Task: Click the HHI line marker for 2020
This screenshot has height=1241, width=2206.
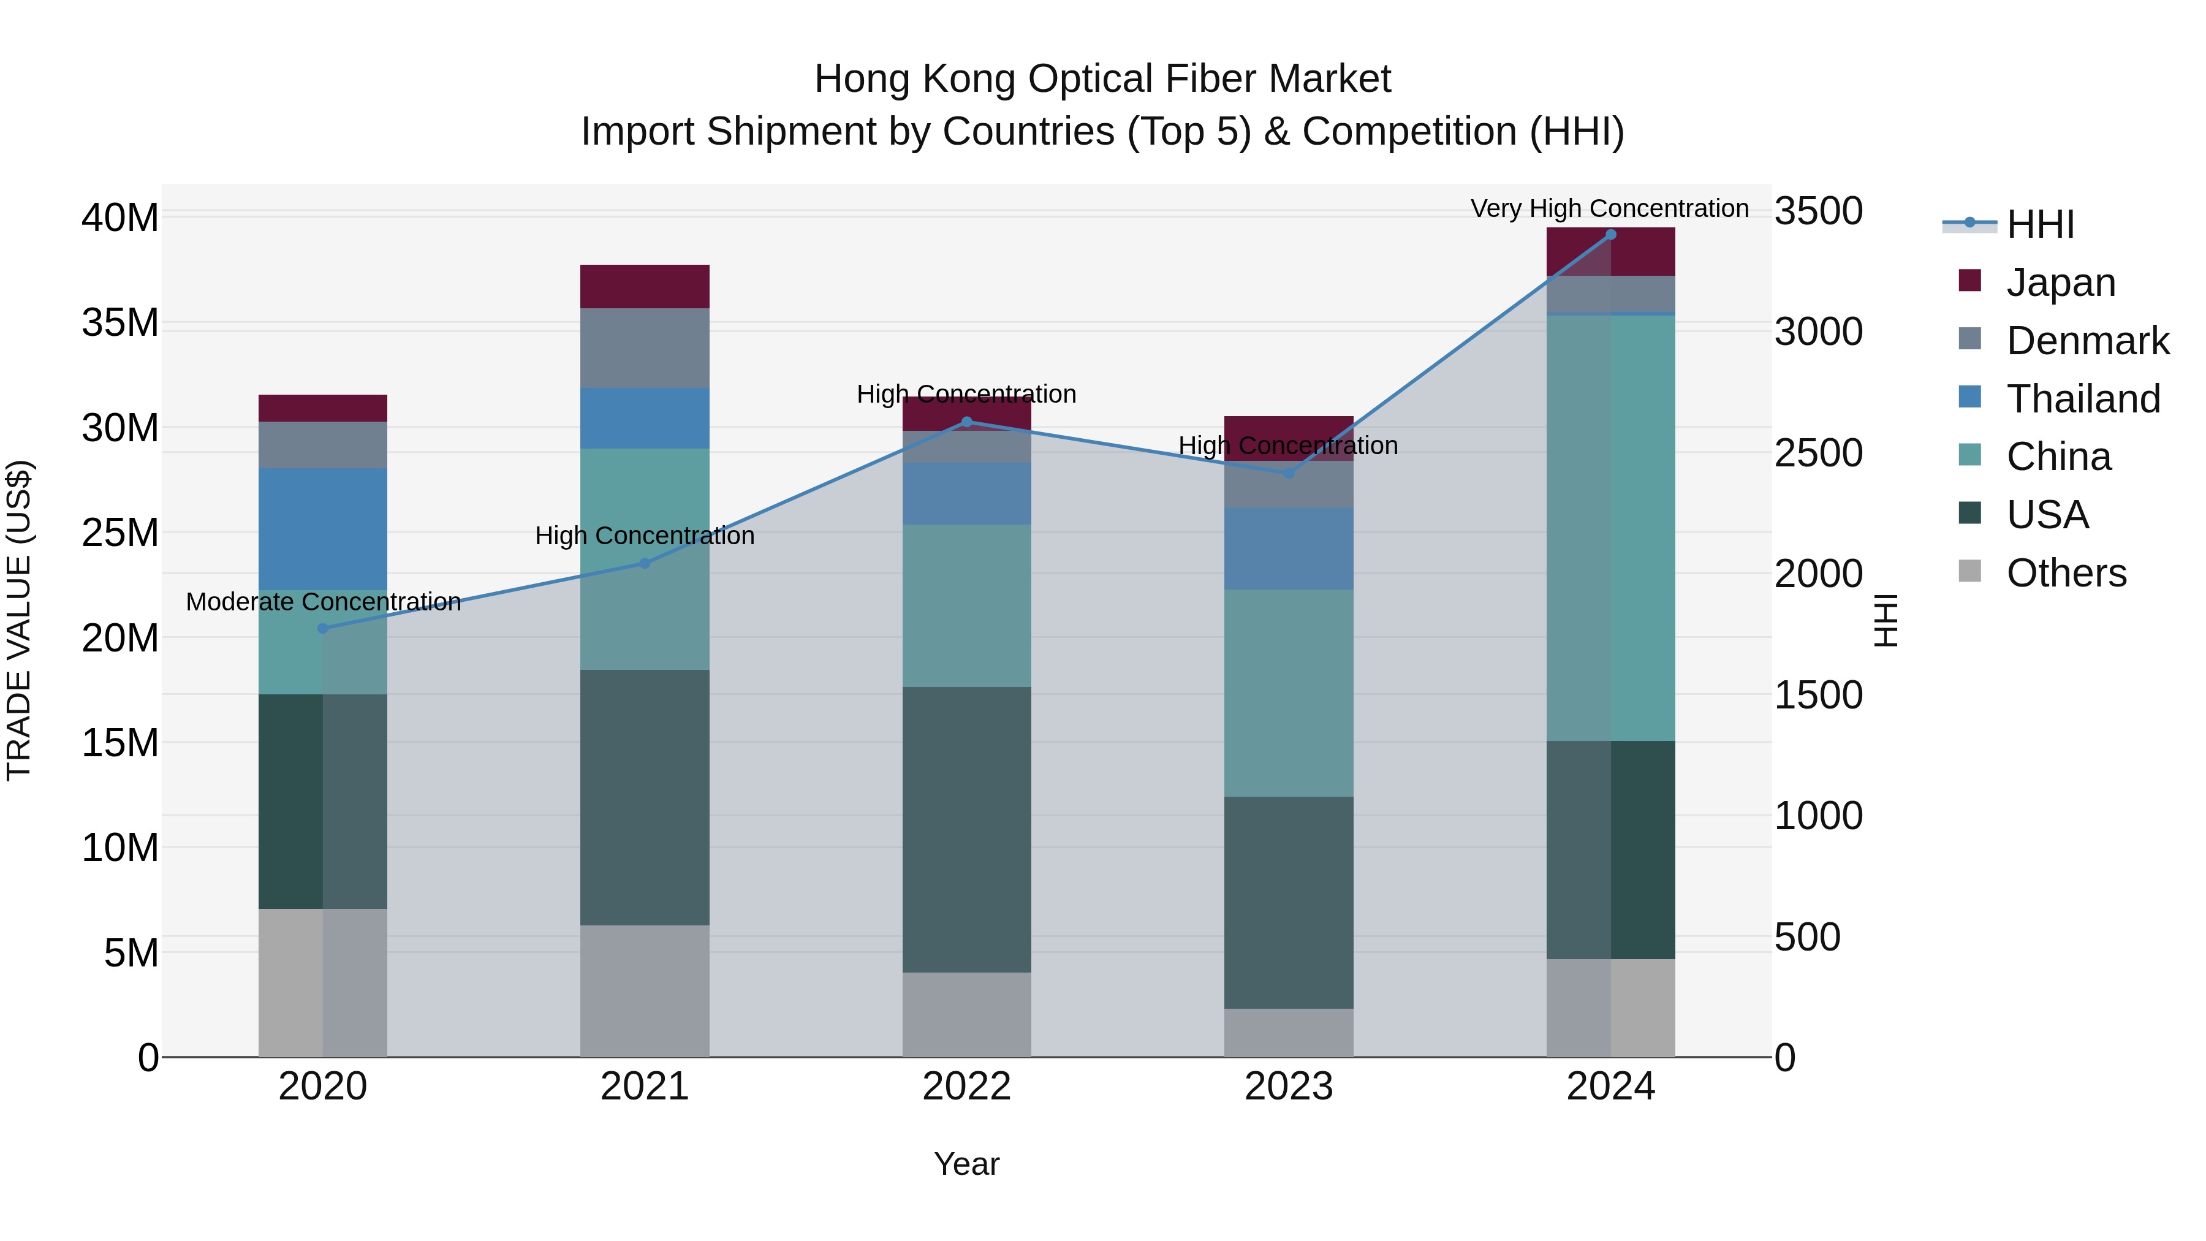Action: pyautogui.click(x=323, y=629)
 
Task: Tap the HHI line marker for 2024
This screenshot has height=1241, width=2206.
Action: pyautogui.click(x=1611, y=235)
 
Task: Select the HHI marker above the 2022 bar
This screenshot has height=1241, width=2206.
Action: pyautogui.click(x=967, y=422)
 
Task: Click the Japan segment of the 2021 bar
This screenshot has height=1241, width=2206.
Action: pyautogui.click(x=645, y=287)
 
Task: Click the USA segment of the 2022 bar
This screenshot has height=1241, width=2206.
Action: pyautogui.click(x=967, y=829)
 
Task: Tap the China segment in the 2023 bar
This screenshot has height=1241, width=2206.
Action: pyautogui.click(x=1289, y=693)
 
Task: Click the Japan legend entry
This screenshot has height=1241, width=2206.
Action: pyautogui.click(x=2060, y=283)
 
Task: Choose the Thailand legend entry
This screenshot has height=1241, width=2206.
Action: pyautogui.click(x=2083, y=399)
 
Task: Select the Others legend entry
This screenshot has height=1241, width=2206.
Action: pyautogui.click(x=2066, y=573)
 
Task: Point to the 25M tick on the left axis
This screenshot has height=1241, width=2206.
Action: pyautogui.click(x=120, y=533)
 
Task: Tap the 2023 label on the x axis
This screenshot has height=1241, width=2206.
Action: pyautogui.click(x=1289, y=1087)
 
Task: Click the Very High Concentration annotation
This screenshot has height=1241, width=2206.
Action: pyautogui.click(x=1610, y=209)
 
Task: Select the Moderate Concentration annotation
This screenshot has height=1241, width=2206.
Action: pyautogui.click(x=324, y=602)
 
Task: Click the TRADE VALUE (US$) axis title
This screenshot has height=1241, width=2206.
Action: pyautogui.click(x=19, y=620)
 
